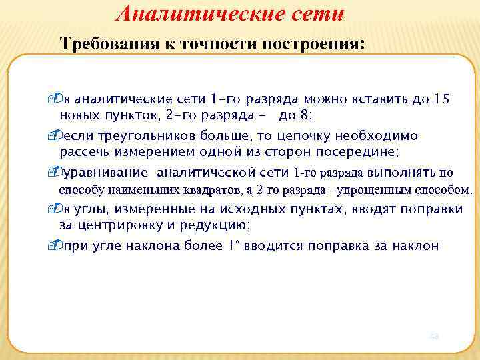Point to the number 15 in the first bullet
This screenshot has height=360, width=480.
[x=441, y=100]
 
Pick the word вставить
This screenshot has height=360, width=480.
[x=367, y=100]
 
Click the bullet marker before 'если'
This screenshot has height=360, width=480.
[x=63, y=136]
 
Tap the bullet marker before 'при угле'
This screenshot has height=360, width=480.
[x=63, y=245]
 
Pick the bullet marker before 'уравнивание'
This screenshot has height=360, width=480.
[x=63, y=173]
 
